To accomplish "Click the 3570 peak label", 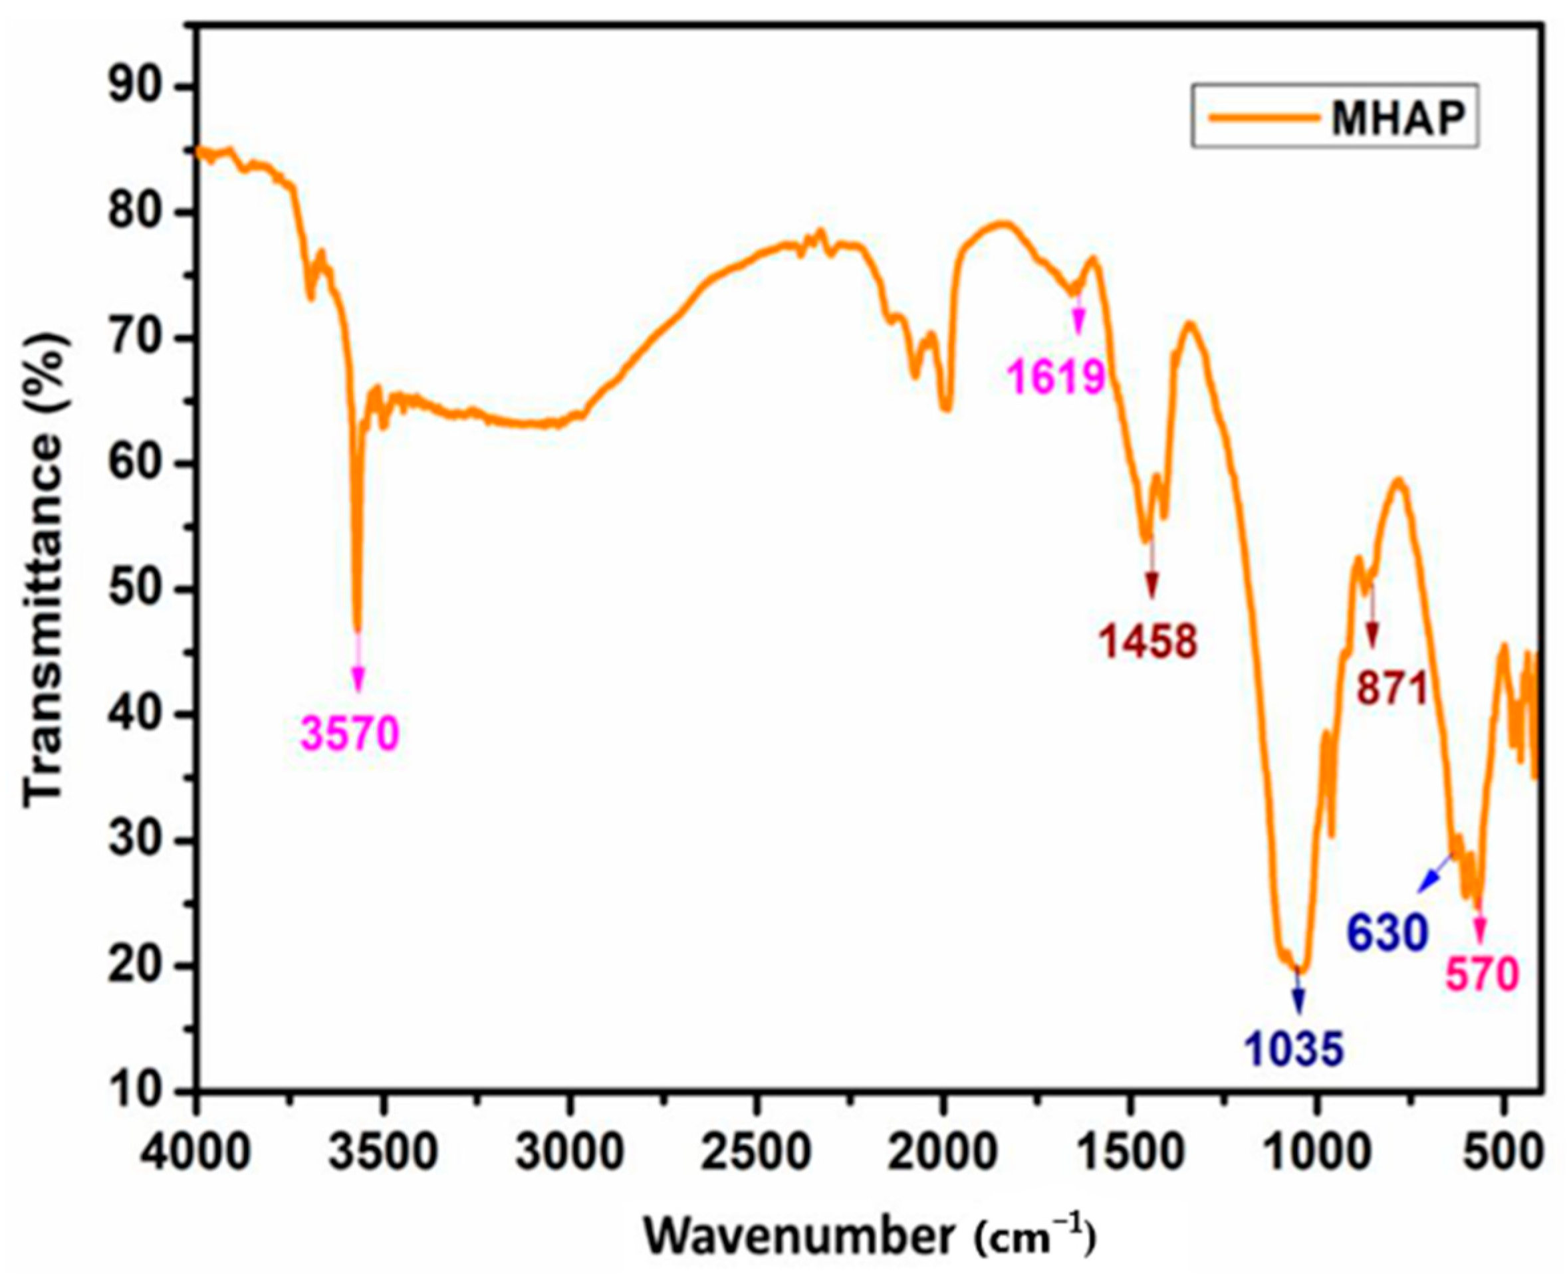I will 350,733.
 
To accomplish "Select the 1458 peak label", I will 1149,641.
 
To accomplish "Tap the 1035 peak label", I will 1295,1049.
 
